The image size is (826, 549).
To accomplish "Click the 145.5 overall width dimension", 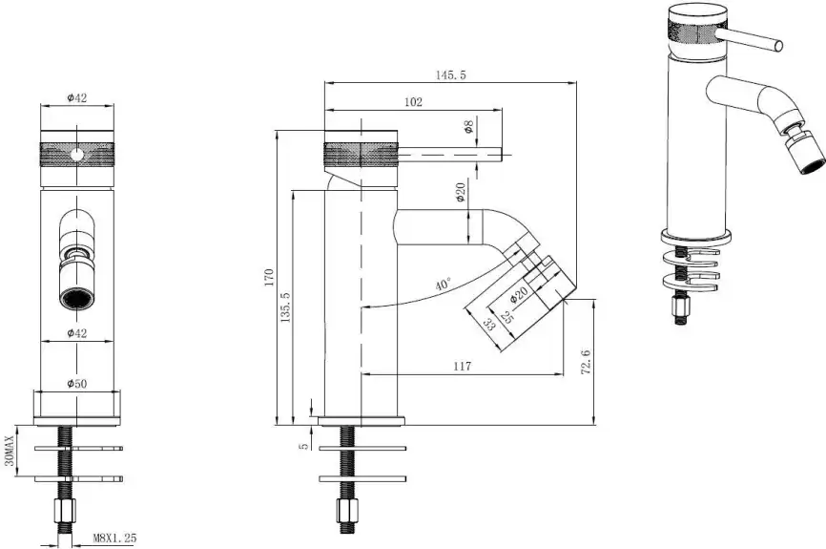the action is tap(450, 74).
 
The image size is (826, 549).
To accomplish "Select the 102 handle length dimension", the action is tap(413, 102).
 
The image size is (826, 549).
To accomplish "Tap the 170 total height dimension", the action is tap(269, 278).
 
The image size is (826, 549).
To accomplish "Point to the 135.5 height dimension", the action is tap(285, 306).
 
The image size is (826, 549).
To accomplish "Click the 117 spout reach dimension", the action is tap(462, 366).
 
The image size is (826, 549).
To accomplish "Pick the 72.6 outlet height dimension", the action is tap(586, 362).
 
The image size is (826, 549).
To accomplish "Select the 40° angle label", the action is tap(444, 285).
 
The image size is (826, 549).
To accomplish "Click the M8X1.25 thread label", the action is tap(114, 538).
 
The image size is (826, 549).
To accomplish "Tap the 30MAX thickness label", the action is tap(9, 451).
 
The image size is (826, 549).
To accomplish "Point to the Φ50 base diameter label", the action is tap(77, 384).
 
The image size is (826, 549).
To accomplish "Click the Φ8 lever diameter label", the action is tap(468, 127).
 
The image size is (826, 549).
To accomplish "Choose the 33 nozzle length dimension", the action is tap(489, 324).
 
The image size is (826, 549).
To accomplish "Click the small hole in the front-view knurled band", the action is tap(77, 155).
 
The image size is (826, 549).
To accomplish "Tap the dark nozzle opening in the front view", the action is tap(77, 300).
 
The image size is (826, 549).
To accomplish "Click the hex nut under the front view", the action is tap(65, 511).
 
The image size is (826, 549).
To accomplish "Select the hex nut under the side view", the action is tap(348, 510).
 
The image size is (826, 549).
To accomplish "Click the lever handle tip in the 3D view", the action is tap(777, 46).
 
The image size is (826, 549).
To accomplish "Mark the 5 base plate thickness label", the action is tap(303, 446).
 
